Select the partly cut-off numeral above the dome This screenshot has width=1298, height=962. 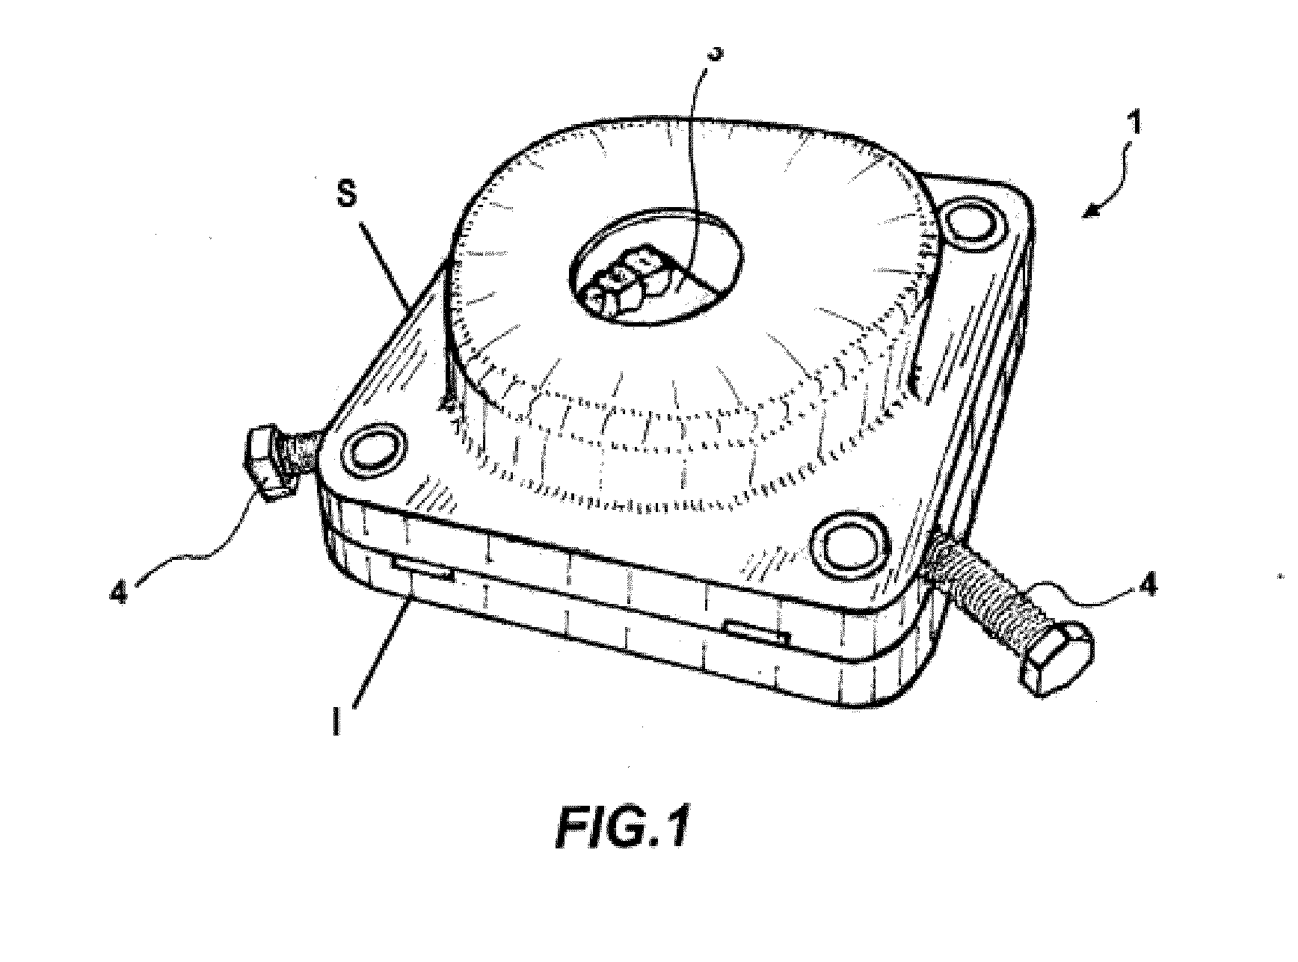point(716,52)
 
